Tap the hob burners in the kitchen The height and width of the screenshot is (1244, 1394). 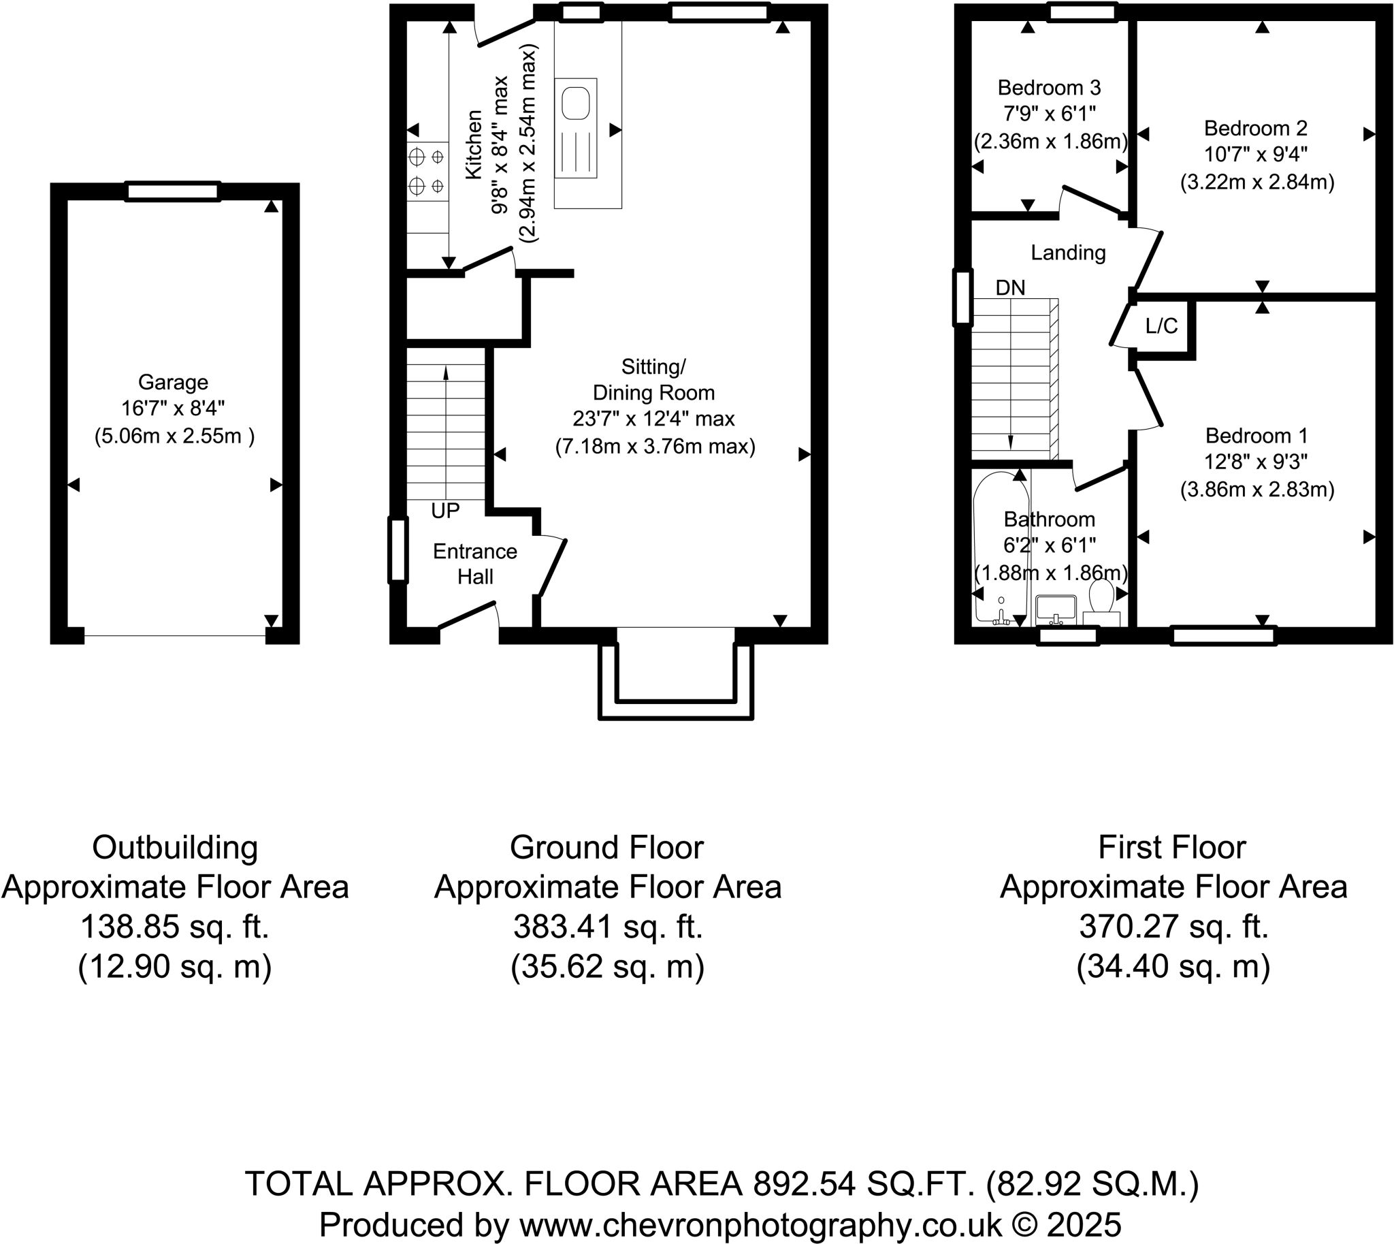426,171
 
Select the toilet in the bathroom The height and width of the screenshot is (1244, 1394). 1100,597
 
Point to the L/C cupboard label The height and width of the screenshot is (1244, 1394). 1161,327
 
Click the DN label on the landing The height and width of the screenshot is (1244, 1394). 1010,288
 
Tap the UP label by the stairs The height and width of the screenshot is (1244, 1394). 445,511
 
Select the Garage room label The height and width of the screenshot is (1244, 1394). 173,382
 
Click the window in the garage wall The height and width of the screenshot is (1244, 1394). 172,191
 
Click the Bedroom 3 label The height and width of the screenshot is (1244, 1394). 1049,87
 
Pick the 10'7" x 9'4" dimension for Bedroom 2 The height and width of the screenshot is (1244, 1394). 1255,155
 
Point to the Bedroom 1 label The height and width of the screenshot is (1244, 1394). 1256,435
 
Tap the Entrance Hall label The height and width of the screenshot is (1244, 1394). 475,564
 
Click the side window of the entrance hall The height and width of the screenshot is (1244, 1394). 398,550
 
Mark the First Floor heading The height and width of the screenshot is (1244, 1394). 1172,848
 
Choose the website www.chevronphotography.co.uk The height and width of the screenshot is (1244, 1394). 760,1225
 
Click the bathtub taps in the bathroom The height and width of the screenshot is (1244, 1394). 1002,618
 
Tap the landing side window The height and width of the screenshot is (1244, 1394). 962,298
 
